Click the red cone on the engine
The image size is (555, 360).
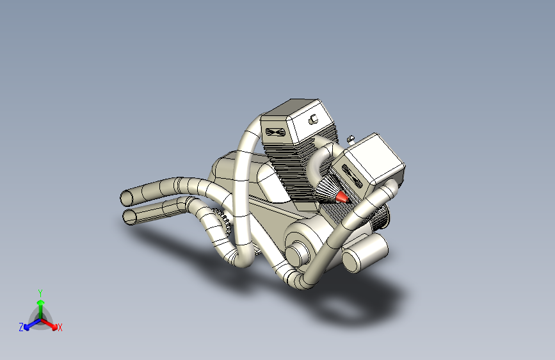pyautogui.click(x=342, y=197)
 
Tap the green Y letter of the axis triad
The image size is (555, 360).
pyautogui.click(x=40, y=293)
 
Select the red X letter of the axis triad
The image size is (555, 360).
pyautogui.click(x=60, y=328)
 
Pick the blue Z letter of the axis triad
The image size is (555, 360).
pyautogui.click(x=21, y=327)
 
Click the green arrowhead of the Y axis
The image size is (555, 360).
pyautogui.click(x=41, y=303)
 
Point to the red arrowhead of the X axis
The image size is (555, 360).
pyautogui.click(x=54, y=326)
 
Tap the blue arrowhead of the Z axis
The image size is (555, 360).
pyautogui.click(x=28, y=327)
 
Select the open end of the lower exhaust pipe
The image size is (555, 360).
pyautogui.click(x=129, y=217)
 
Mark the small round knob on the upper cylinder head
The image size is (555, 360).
pyautogui.click(x=313, y=119)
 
